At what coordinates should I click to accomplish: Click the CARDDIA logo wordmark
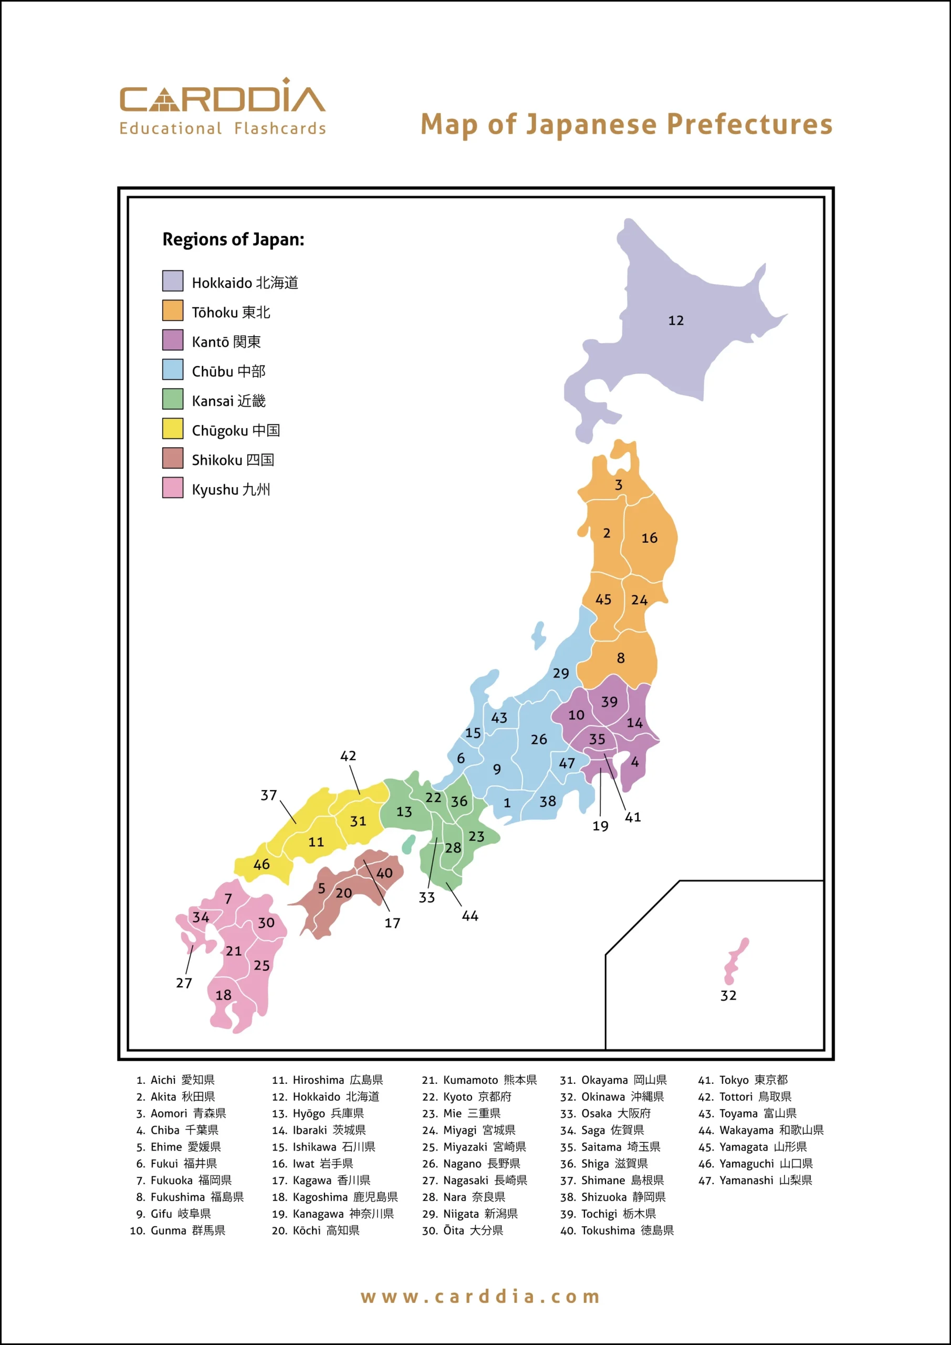pyautogui.click(x=222, y=97)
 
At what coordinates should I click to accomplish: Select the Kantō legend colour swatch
pyautogui.click(x=173, y=340)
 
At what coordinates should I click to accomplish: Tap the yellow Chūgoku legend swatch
pyautogui.click(x=173, y=428)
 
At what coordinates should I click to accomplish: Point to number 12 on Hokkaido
pyautogui.click(x=676, y=320)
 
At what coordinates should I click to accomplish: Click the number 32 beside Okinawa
pyautogui.click(x=728, y=995)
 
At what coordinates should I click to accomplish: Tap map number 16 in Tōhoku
pyautogui.click(x=649, y=538)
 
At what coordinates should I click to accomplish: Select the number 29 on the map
pyautogui.click(x=560, y=673)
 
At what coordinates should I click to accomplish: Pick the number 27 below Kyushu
pyautogui.click(x=184, y=982)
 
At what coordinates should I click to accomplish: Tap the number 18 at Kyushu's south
pyautogui.click(x=223, y=995)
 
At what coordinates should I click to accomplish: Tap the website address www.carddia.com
pyautogui.click(x=480, y=1296)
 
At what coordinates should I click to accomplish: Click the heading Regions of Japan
pyautogui.click(x=233, y=240)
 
